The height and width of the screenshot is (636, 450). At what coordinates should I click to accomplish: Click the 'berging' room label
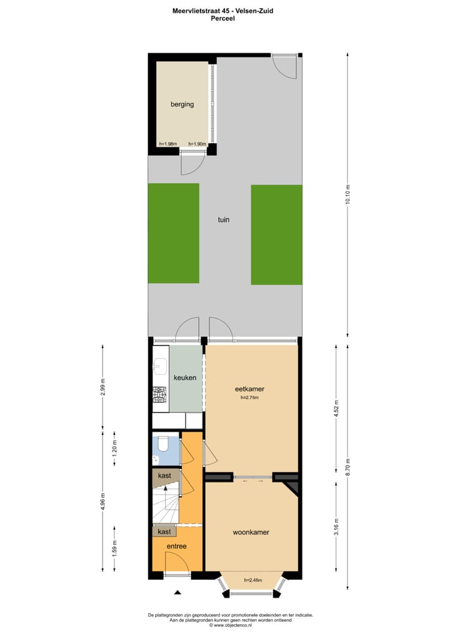(182, 104)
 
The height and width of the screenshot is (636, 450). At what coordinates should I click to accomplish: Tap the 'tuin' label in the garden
(224, 220)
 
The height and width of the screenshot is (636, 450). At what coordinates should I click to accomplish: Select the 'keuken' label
(185, 377)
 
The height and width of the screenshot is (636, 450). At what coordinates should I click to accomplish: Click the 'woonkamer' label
(251, 532)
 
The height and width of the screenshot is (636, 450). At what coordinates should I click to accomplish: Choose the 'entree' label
(176, 546)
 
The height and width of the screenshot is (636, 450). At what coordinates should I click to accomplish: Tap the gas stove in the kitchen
(160, 394)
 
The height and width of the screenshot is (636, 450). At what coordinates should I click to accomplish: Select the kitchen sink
(159, 364)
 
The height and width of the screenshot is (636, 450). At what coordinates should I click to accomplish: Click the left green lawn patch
(173, 234)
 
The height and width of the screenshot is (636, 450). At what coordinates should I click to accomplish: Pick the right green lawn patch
(276, 234)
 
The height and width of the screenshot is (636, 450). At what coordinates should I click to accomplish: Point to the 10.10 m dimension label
(348, 195)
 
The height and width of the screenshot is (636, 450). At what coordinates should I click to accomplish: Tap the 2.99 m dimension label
(104, 387)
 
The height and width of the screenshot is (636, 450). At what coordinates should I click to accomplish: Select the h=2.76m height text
(250, 398)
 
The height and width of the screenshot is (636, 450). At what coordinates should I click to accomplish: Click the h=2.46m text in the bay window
(252, 580)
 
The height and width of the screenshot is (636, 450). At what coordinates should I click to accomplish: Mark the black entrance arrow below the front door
(177, 592)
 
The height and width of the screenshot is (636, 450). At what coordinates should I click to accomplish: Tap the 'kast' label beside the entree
(164, 532)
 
